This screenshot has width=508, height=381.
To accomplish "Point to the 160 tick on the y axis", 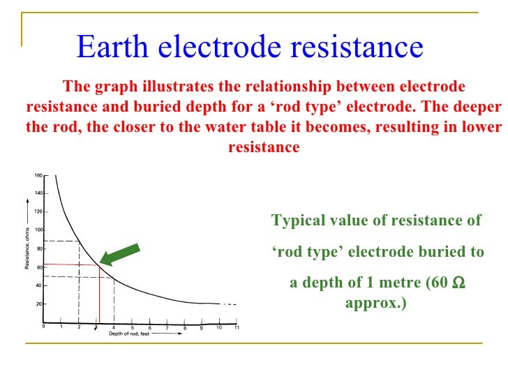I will coord(38,174).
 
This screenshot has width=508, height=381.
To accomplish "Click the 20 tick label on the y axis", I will coord(40,304).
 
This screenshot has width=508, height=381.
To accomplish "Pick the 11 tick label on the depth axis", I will coord(237,327).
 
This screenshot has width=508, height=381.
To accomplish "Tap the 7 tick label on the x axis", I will coord(167,327).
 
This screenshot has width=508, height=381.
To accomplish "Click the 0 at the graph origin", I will coord(43,327).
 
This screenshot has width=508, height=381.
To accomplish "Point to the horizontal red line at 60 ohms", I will coord(70,264).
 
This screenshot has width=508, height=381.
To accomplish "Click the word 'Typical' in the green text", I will coord(297,221).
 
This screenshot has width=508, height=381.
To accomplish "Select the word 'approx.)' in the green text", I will coord(375,304).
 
